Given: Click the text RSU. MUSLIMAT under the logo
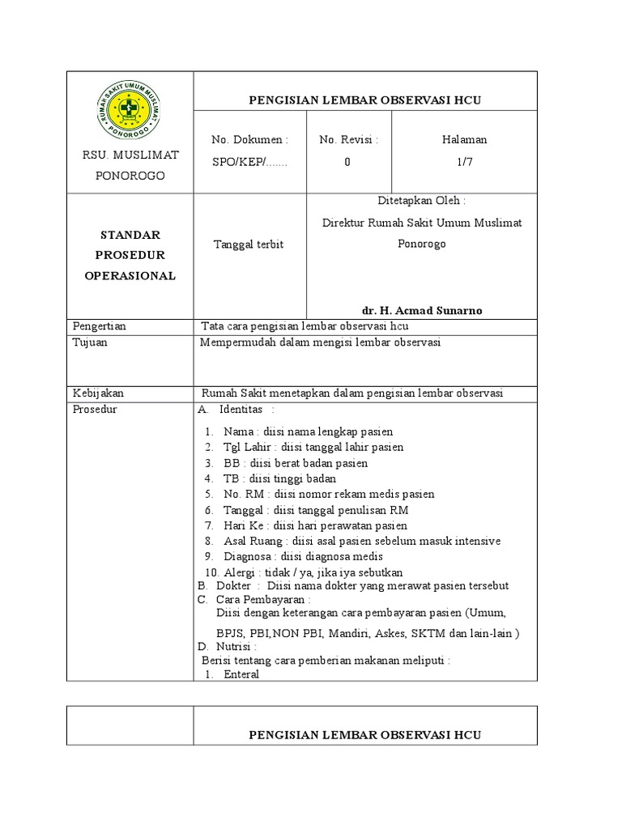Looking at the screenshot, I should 130,155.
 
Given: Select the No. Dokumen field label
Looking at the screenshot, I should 249,139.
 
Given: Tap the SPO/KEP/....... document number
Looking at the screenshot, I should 249,161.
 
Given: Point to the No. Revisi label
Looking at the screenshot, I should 349,139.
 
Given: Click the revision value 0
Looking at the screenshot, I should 347,161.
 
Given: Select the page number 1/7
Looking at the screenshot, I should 464,161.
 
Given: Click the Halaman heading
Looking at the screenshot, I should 464,139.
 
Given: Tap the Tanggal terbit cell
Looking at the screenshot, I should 248,244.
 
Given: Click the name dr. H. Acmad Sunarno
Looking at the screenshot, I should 421,310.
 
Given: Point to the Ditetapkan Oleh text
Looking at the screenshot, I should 421,201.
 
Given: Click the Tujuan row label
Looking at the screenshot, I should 90,342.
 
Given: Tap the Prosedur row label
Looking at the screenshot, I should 95,409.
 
